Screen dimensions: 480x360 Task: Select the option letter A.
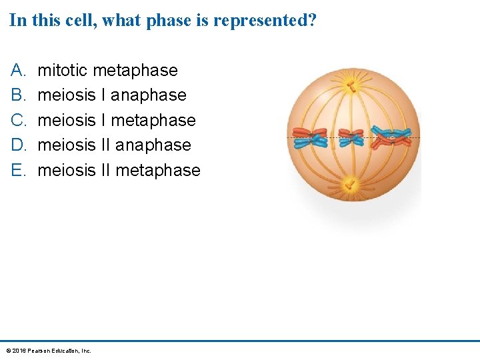point(17,70)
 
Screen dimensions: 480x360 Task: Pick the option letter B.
point(17,95)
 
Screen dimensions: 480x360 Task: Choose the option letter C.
point(17,120)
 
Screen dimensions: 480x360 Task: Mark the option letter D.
point(17,145)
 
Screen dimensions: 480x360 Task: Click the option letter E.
point(17,170)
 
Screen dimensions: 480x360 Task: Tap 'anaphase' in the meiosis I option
point(148,95)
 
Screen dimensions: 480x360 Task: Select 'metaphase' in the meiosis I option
point(153,120)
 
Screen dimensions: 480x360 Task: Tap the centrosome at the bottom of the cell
point(348,182)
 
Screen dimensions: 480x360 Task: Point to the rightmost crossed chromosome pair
point(392,136)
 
